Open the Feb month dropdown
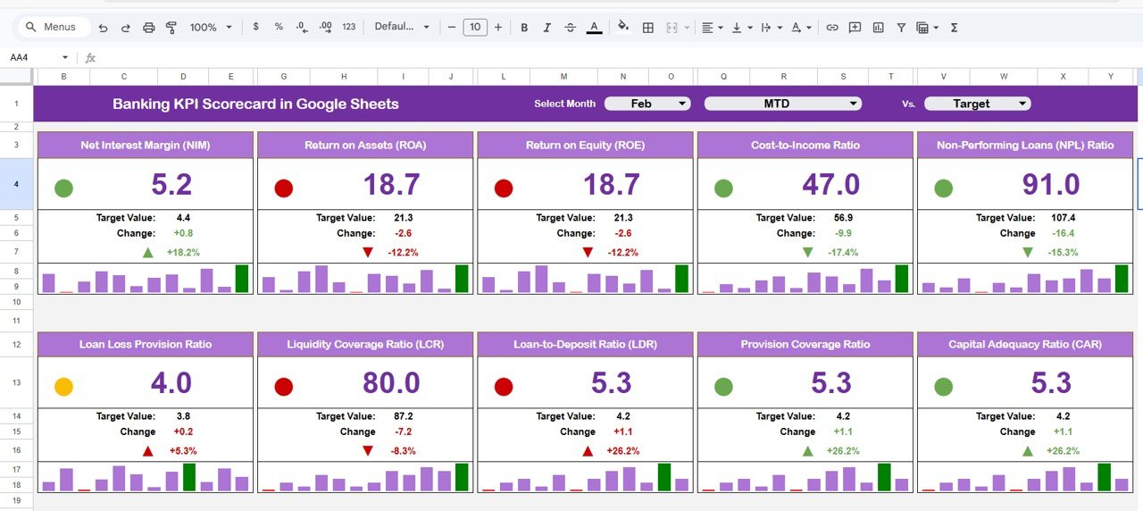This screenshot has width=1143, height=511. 647,104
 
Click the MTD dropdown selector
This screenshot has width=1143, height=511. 783,104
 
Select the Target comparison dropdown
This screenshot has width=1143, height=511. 977,104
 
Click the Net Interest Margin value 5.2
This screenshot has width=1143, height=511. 171,185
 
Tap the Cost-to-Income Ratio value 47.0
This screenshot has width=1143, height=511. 831,185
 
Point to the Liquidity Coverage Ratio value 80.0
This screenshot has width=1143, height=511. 391,383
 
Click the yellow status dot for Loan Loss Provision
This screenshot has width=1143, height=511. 63,387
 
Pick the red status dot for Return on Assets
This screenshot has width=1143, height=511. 283,188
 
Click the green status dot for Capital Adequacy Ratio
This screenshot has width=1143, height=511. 943,387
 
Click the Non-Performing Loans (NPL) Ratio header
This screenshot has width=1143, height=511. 1025,145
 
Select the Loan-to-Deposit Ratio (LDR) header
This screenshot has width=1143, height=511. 585,344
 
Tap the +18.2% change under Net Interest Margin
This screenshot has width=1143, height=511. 183,253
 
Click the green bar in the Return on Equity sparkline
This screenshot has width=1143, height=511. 682,279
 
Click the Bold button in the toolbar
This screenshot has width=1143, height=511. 524,28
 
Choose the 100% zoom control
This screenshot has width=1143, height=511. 210,28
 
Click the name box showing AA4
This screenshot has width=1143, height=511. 36,57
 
